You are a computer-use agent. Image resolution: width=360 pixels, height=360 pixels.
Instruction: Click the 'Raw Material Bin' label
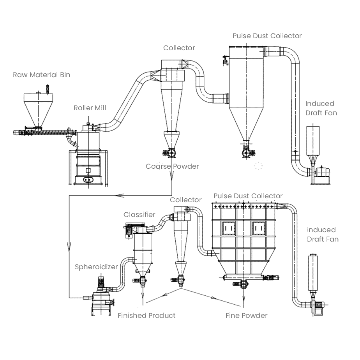41,75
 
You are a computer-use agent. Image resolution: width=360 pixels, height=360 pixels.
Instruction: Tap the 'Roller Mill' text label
90,108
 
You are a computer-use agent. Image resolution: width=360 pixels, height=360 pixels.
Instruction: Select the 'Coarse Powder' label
172,166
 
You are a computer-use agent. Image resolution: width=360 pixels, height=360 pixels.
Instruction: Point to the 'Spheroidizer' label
96,267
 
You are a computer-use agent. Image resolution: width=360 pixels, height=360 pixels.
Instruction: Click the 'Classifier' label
139,215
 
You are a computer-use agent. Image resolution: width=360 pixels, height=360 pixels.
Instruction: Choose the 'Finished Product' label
146,316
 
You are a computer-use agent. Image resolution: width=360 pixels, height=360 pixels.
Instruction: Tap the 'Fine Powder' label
246,316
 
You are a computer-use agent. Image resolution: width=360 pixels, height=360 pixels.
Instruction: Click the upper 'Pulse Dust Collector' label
267,36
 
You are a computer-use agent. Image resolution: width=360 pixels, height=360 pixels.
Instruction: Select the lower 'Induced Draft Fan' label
323,235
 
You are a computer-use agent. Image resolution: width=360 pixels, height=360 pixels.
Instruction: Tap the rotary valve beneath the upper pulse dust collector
247,153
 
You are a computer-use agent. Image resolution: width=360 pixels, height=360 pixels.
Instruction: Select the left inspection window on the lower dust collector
228,228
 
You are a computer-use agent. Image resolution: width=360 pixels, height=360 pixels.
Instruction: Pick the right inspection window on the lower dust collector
258,228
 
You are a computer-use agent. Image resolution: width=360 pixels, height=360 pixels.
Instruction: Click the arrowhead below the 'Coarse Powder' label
171,176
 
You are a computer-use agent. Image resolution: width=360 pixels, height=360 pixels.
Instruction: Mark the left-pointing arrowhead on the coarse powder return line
119,196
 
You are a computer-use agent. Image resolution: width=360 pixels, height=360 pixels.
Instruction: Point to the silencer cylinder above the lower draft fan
313,273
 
